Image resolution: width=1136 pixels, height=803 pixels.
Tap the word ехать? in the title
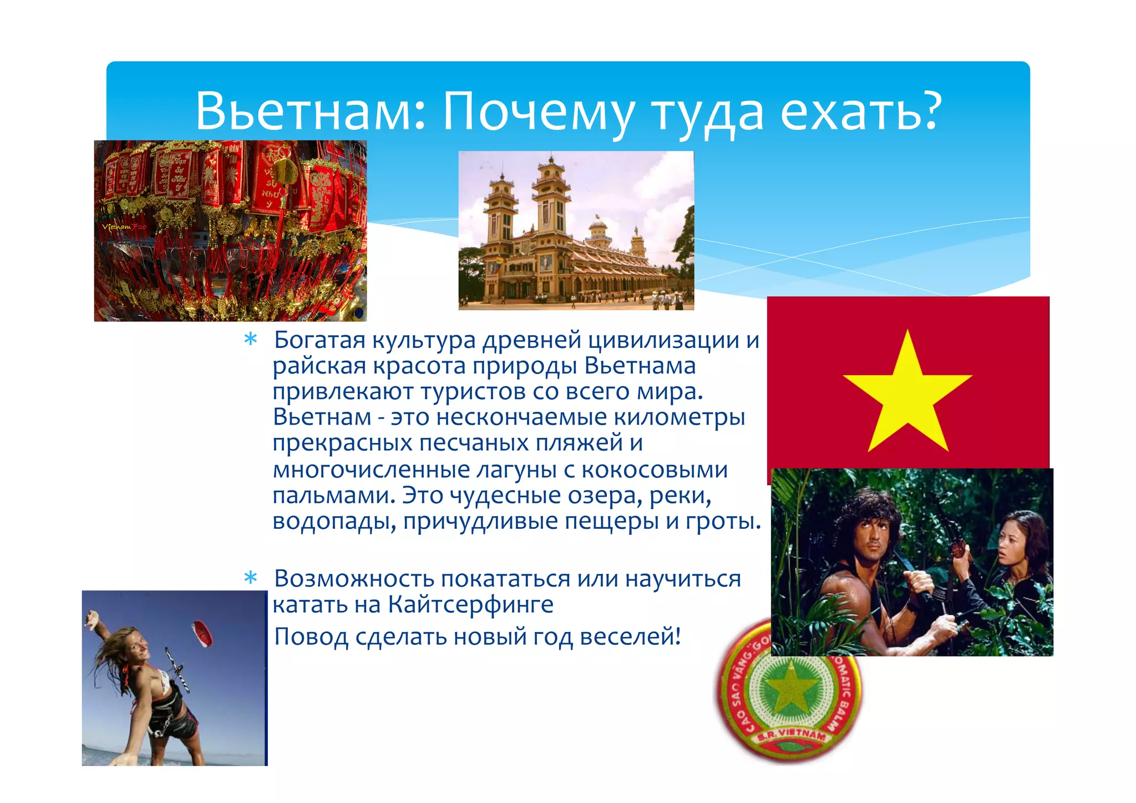[861, 111]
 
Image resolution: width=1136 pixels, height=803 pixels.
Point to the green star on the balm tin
[788, 694]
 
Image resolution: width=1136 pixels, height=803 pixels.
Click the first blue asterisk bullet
[251, 340]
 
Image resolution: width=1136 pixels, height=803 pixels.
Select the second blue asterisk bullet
[251, 578]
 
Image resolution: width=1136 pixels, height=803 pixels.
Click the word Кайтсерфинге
[470, 605]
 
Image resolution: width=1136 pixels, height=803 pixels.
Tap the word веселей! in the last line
[630, 637]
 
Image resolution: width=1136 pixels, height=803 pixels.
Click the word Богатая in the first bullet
[319, 340]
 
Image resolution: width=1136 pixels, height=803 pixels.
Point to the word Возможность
[354, 579]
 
